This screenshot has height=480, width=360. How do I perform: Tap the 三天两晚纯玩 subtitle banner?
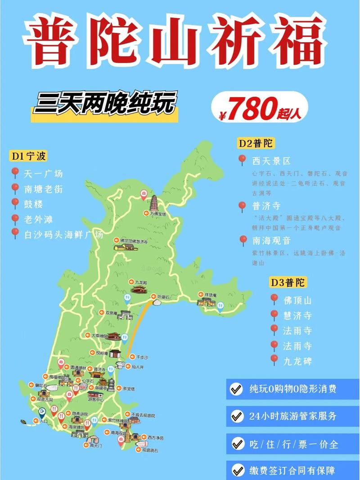point(105,104)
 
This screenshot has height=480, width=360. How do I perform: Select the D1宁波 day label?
point(29,156)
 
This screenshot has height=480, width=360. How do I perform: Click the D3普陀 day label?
point(288,283)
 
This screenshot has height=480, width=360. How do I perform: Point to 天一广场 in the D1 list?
point(43,173)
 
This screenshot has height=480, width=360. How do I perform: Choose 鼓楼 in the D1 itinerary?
point(33,204)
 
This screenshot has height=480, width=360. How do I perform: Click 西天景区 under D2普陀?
point(271,161)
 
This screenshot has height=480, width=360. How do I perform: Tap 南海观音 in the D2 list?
point(271,240)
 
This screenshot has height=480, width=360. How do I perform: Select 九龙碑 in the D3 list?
point(297,361)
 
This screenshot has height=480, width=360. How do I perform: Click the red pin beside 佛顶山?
point(274,299)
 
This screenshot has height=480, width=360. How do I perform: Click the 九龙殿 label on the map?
point(141,282)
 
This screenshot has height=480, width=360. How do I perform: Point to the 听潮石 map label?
point(162,297)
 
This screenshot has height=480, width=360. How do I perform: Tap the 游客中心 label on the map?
point(95,399)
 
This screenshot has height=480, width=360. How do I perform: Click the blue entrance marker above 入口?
point(42,412)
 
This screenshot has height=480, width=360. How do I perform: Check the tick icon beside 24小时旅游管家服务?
point(236,416)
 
